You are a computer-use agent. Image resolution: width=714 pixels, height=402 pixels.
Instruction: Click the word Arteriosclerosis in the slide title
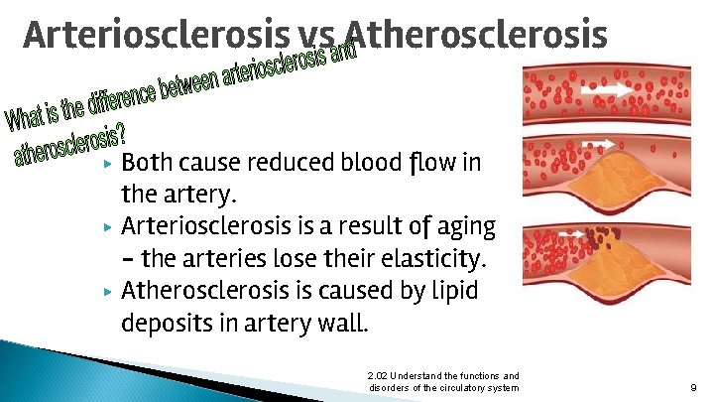pos(159,35)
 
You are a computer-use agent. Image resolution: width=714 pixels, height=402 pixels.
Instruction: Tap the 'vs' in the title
pos(317,37)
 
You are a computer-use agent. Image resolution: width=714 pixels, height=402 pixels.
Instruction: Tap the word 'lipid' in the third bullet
pos(452,291)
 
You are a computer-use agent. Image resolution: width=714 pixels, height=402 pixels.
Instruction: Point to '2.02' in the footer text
pos(377,375)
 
